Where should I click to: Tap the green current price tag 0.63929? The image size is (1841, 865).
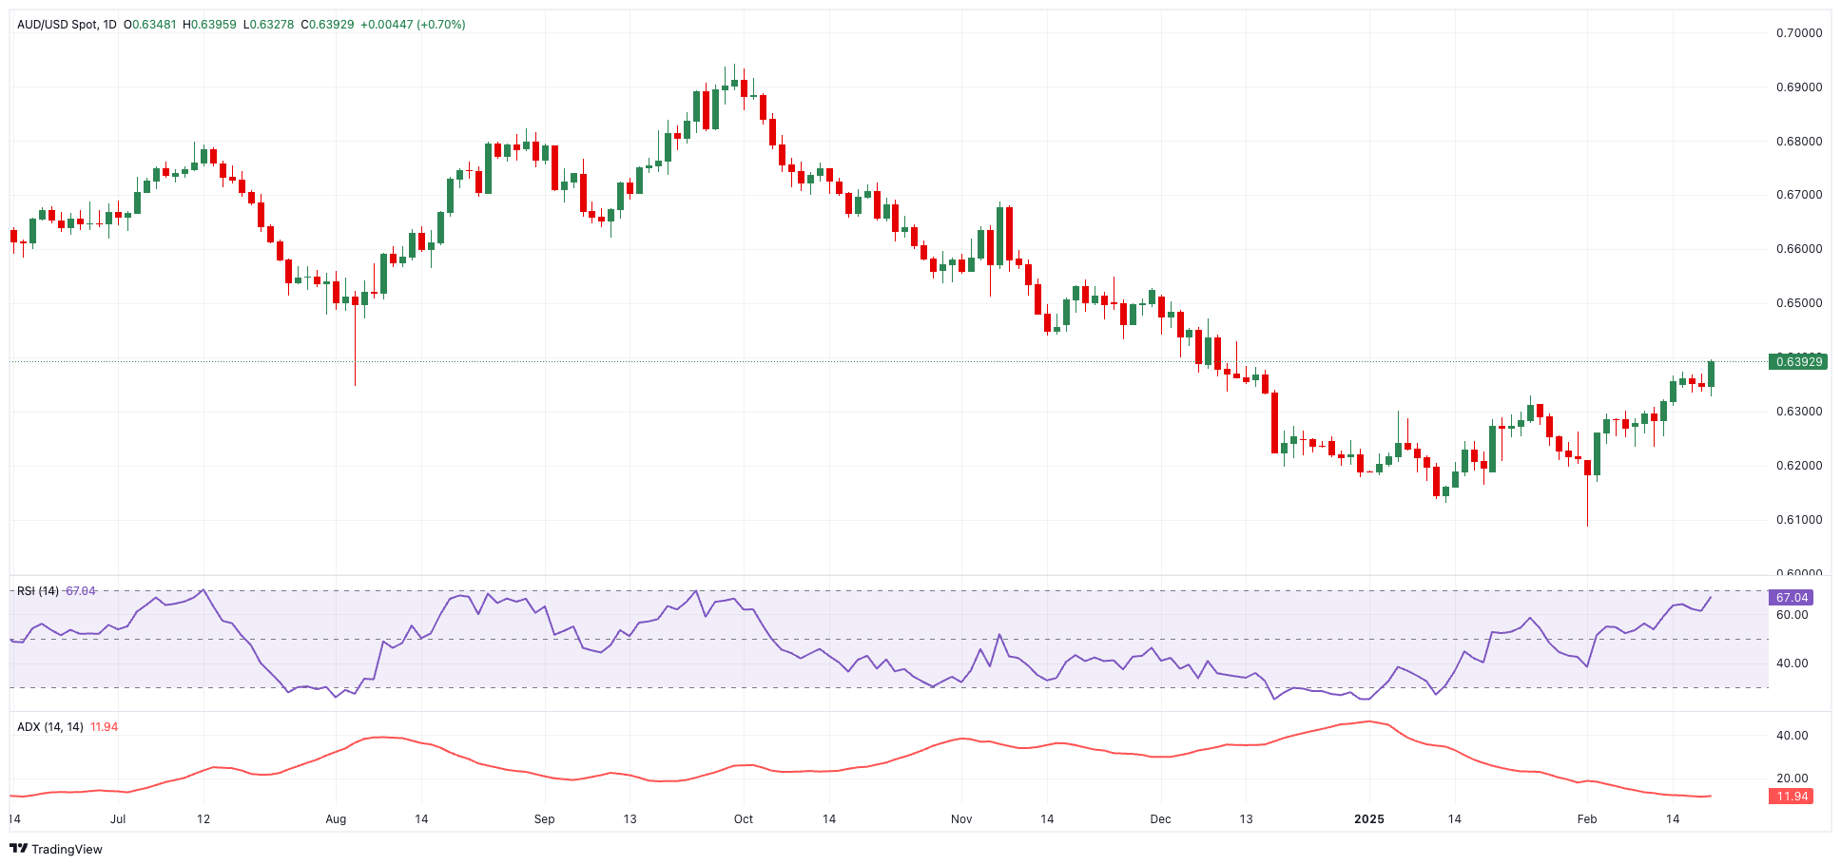tap(1798, 361)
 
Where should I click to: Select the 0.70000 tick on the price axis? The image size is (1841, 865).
tap(1799, 32)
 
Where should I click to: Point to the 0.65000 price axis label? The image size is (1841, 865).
tap(1799, 303)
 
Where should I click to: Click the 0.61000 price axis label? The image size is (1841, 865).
tap(1799, 520)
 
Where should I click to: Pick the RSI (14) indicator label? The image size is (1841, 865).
tap(38, 591)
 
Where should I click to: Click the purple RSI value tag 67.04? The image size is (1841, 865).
tap(1792, 598)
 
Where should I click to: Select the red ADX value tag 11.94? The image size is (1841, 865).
tap(1792, 797)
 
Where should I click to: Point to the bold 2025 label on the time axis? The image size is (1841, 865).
tap(1368, 818)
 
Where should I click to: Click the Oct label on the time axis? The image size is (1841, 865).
tap(744, 818)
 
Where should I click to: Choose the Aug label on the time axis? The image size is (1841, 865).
tap(336, 818)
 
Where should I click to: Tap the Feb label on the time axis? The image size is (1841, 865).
tap(1587, 818)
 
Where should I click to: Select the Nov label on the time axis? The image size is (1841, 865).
tap(961, 818)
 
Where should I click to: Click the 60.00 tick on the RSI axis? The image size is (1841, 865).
tap(1792, 615)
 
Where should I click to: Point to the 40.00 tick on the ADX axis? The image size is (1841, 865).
tap(1792, 735)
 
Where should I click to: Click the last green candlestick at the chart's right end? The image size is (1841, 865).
tap(1711, 375)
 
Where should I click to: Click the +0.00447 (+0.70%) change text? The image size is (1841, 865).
tap(413, 25)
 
